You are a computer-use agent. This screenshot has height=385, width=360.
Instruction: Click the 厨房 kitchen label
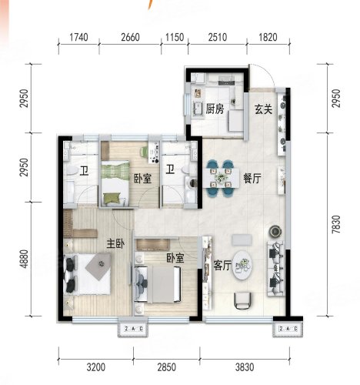(x=215, y=109)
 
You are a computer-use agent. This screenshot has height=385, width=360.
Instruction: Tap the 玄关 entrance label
(x=263, y=109)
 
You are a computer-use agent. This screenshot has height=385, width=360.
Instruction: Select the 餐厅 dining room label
(x=252, y=178)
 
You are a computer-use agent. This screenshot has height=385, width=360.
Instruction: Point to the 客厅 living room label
(x=222, y=265)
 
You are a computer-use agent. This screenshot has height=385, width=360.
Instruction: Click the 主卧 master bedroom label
(x=115, y=243)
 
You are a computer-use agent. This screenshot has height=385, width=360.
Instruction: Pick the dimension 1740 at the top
(x=78, y=37)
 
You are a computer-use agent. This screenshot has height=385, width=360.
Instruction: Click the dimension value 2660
(x=130, y=37)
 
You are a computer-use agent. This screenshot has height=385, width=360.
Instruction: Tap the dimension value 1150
(x=175, y=37)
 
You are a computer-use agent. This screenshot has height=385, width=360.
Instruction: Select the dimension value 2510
(x=218, y=37)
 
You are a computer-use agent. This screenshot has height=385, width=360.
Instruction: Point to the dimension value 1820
(x=268, y=37)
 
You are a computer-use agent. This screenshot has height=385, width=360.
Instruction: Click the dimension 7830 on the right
(x=336, y=224)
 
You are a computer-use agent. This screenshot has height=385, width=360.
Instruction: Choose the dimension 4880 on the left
(x=24, y=259)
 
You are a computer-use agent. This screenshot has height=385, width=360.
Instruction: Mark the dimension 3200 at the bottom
(x=96, y=367)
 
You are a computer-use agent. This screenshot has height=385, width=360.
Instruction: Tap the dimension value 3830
(x=245, y=367)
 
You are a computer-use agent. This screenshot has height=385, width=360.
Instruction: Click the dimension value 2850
(x=167, y=367)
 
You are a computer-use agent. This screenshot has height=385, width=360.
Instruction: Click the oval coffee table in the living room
(x=242, y=266)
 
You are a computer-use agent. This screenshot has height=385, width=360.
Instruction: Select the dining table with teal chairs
(x=220, y=178)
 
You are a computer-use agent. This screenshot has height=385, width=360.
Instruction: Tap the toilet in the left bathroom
(x=71, y=170)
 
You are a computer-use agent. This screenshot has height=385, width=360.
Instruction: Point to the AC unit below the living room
(x=288, y=329)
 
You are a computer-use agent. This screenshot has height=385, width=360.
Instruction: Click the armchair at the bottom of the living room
(x=242, y=301)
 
